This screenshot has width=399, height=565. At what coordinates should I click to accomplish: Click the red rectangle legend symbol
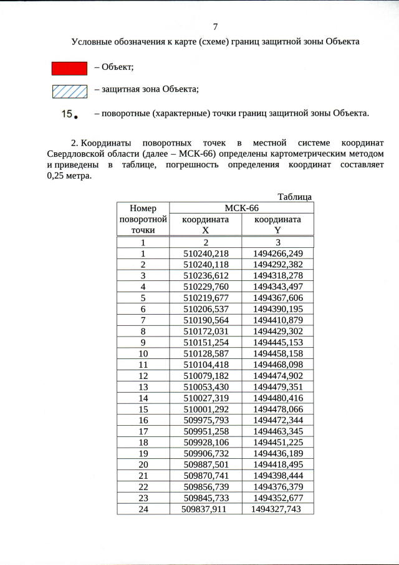click(69, 68)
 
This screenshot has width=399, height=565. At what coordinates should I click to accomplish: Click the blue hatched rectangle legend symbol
click(69, 91)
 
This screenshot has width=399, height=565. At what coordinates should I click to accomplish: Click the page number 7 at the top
click(215, 27)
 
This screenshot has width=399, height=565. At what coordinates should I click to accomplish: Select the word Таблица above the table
click(295, 197)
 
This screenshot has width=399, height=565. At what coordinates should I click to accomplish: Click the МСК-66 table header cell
click(241, 208)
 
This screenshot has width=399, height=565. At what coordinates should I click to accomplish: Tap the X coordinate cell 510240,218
click(206, 253)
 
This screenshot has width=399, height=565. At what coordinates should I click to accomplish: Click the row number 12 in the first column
click(143, 376)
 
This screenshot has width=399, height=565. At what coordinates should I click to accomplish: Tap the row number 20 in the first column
click(143, 464)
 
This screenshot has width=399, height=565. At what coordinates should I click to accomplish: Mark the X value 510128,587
click(206, 353)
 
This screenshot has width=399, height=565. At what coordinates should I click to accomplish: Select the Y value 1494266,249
click(278, 253)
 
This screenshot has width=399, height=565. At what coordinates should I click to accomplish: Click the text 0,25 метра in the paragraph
click(69, 176)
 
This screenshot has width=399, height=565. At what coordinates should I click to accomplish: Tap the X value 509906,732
click(206, 453)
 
